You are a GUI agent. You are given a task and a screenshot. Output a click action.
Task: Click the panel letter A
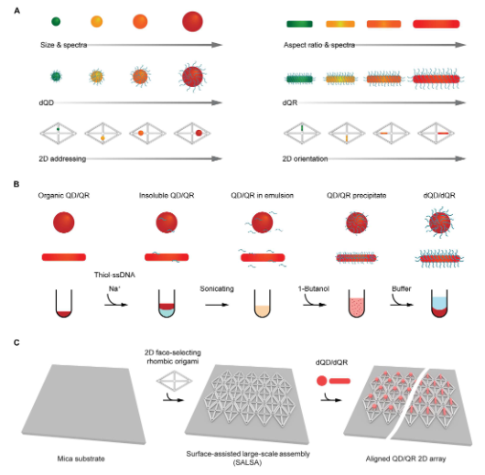pos(17,11)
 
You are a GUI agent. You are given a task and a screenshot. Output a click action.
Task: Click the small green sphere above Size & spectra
pos(56,22)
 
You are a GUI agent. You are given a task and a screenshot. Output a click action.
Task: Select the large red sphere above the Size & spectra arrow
pos(192,22)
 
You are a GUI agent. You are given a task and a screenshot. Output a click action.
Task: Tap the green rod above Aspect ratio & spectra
pos(299,24)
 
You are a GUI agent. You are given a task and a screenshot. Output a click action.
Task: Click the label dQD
pos(47,103)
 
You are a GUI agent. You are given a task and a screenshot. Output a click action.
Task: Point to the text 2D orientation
pos(305,158)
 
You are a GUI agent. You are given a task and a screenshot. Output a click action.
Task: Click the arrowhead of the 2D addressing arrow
pos(217,158)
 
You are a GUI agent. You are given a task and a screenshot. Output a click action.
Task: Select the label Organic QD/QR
pos(64,196)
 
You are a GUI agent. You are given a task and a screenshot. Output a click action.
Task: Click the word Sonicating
pos(217,288)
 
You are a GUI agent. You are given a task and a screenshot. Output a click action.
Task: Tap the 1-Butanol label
pos(314,288)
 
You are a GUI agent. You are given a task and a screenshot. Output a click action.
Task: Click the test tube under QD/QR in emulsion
pos(263,303)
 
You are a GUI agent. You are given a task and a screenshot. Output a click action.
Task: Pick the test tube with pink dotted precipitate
pos(357,303)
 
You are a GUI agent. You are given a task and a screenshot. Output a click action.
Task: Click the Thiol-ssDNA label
pos(114,275)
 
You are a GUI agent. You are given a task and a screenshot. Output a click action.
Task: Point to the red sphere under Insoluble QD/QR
pos(167,222)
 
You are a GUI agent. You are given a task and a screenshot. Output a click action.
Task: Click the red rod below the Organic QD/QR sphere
pos(64,257)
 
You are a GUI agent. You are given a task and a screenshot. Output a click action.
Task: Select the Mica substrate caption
pos(81,459)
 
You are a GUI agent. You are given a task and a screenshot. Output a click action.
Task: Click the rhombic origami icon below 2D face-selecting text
pos(175,381)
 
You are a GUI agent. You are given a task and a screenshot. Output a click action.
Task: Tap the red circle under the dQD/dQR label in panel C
pos(322,381)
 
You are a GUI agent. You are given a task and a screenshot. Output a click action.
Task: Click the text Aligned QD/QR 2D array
pos(405,459)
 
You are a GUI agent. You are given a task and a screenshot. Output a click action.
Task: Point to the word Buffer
pos(402,288)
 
